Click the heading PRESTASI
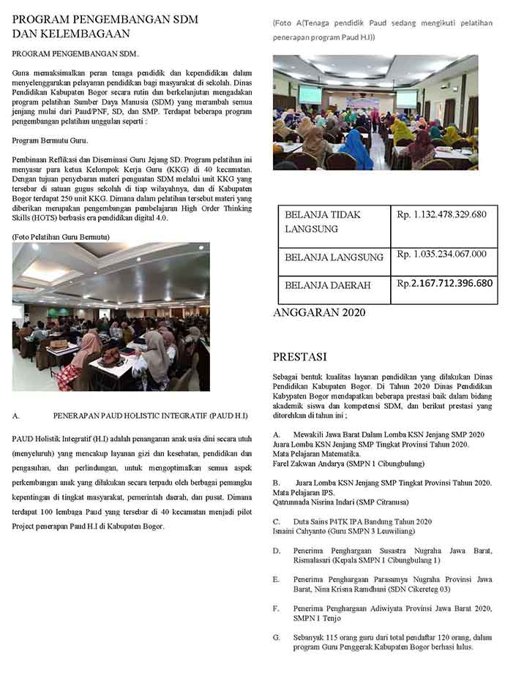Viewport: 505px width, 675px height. tap(299, 357)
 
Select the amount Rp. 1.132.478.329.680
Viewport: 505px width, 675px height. tap(441, 214)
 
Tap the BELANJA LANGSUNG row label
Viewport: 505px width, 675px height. tap(334, 257)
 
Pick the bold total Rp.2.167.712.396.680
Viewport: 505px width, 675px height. tap(444, 283)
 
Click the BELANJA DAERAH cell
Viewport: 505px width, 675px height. tap(328, 285)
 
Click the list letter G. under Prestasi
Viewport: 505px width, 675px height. tap(276, 637)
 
